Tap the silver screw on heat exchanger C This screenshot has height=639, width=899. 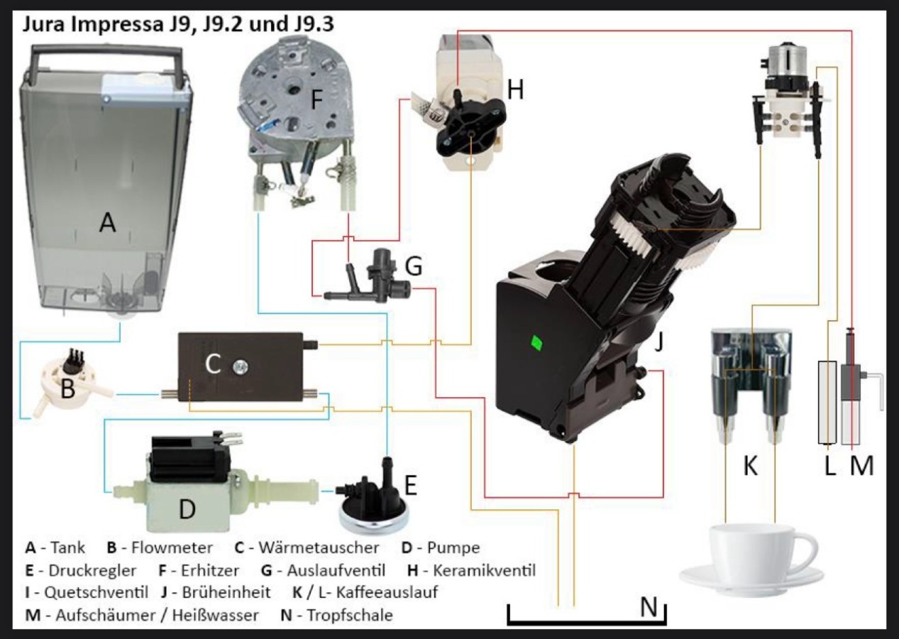(239, 366)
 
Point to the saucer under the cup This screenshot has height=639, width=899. (752, 579)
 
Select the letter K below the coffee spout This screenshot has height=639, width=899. (750, 466)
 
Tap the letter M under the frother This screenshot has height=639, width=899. (861, 466)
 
